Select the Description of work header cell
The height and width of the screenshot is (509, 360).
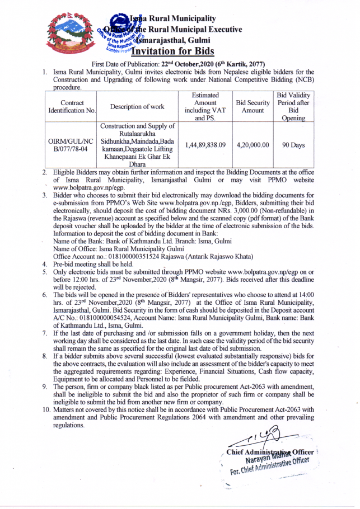(x=137, y=107)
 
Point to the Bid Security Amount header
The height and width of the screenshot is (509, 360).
(x=253, y=107)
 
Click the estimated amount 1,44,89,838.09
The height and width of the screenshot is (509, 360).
(x=205, y=145)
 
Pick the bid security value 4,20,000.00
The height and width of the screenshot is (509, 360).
(x=253, y=145)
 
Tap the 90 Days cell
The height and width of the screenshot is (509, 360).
(x=293, y=145)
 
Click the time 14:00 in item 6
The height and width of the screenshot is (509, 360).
(x=306, y=294)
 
